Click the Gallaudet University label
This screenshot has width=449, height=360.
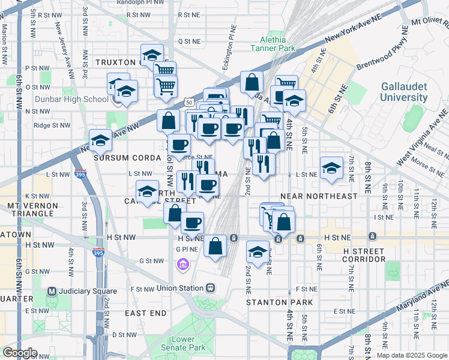coord(404,92)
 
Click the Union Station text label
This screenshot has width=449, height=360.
coord(180,288)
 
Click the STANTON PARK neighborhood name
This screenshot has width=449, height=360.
coord(277,302)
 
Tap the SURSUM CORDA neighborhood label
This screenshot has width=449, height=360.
coord(124,157)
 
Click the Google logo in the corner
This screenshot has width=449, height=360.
coord(20,352)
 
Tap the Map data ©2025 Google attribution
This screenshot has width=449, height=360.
coord(412,355)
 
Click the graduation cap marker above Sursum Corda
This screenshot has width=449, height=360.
coord(100,140)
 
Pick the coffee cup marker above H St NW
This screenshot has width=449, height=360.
coord(192,223)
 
